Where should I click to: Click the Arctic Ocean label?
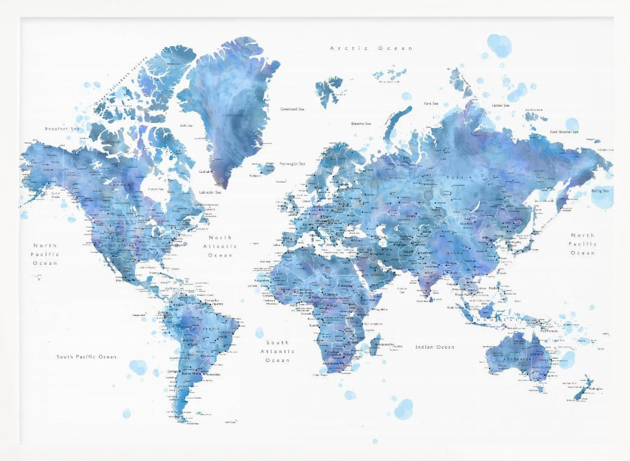pos(372,48)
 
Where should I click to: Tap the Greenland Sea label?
pos(293,108)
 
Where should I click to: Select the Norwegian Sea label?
pos(292,162)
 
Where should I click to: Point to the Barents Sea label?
pos(361,124)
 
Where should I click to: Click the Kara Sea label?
pos(432,103)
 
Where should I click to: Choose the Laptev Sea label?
pos(501,105)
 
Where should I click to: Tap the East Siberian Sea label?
pos(564,132)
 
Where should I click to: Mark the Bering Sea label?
pos(600,190)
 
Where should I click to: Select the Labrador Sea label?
pos(210,192)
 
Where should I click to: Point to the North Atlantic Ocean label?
pos(220,246)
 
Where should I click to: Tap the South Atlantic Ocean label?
pos(277,351)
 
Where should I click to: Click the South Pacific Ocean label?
pos(86,357)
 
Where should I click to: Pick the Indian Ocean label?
pos(435,347)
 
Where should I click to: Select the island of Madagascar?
pos(375,344)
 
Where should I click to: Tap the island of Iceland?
pos(265,168)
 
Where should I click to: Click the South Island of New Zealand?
pos(578,390)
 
